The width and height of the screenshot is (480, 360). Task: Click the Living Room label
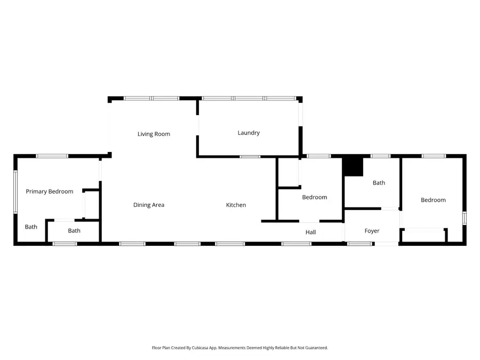154,134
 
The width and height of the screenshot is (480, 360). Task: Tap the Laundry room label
249,133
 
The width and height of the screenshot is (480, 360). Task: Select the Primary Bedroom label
50,191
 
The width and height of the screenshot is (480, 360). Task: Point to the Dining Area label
149,205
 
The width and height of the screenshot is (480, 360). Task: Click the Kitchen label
236,205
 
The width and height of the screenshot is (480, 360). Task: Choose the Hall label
311,232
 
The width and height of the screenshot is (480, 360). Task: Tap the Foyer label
372,231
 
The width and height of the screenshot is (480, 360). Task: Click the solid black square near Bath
353,166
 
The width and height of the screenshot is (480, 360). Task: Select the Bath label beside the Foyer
379,183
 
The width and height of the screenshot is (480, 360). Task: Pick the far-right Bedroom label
433,200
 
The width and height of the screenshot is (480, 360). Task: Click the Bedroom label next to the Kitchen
315,197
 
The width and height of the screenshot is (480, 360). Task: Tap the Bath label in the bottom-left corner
31,227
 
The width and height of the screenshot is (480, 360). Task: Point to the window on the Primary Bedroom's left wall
15,192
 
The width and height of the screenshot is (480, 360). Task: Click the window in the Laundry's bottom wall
250,157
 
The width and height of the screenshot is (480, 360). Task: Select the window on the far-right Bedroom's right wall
464,218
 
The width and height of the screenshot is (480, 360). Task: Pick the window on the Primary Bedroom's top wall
52,156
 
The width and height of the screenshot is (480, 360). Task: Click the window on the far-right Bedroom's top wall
434,156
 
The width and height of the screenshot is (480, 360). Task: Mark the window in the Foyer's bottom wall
360,244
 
